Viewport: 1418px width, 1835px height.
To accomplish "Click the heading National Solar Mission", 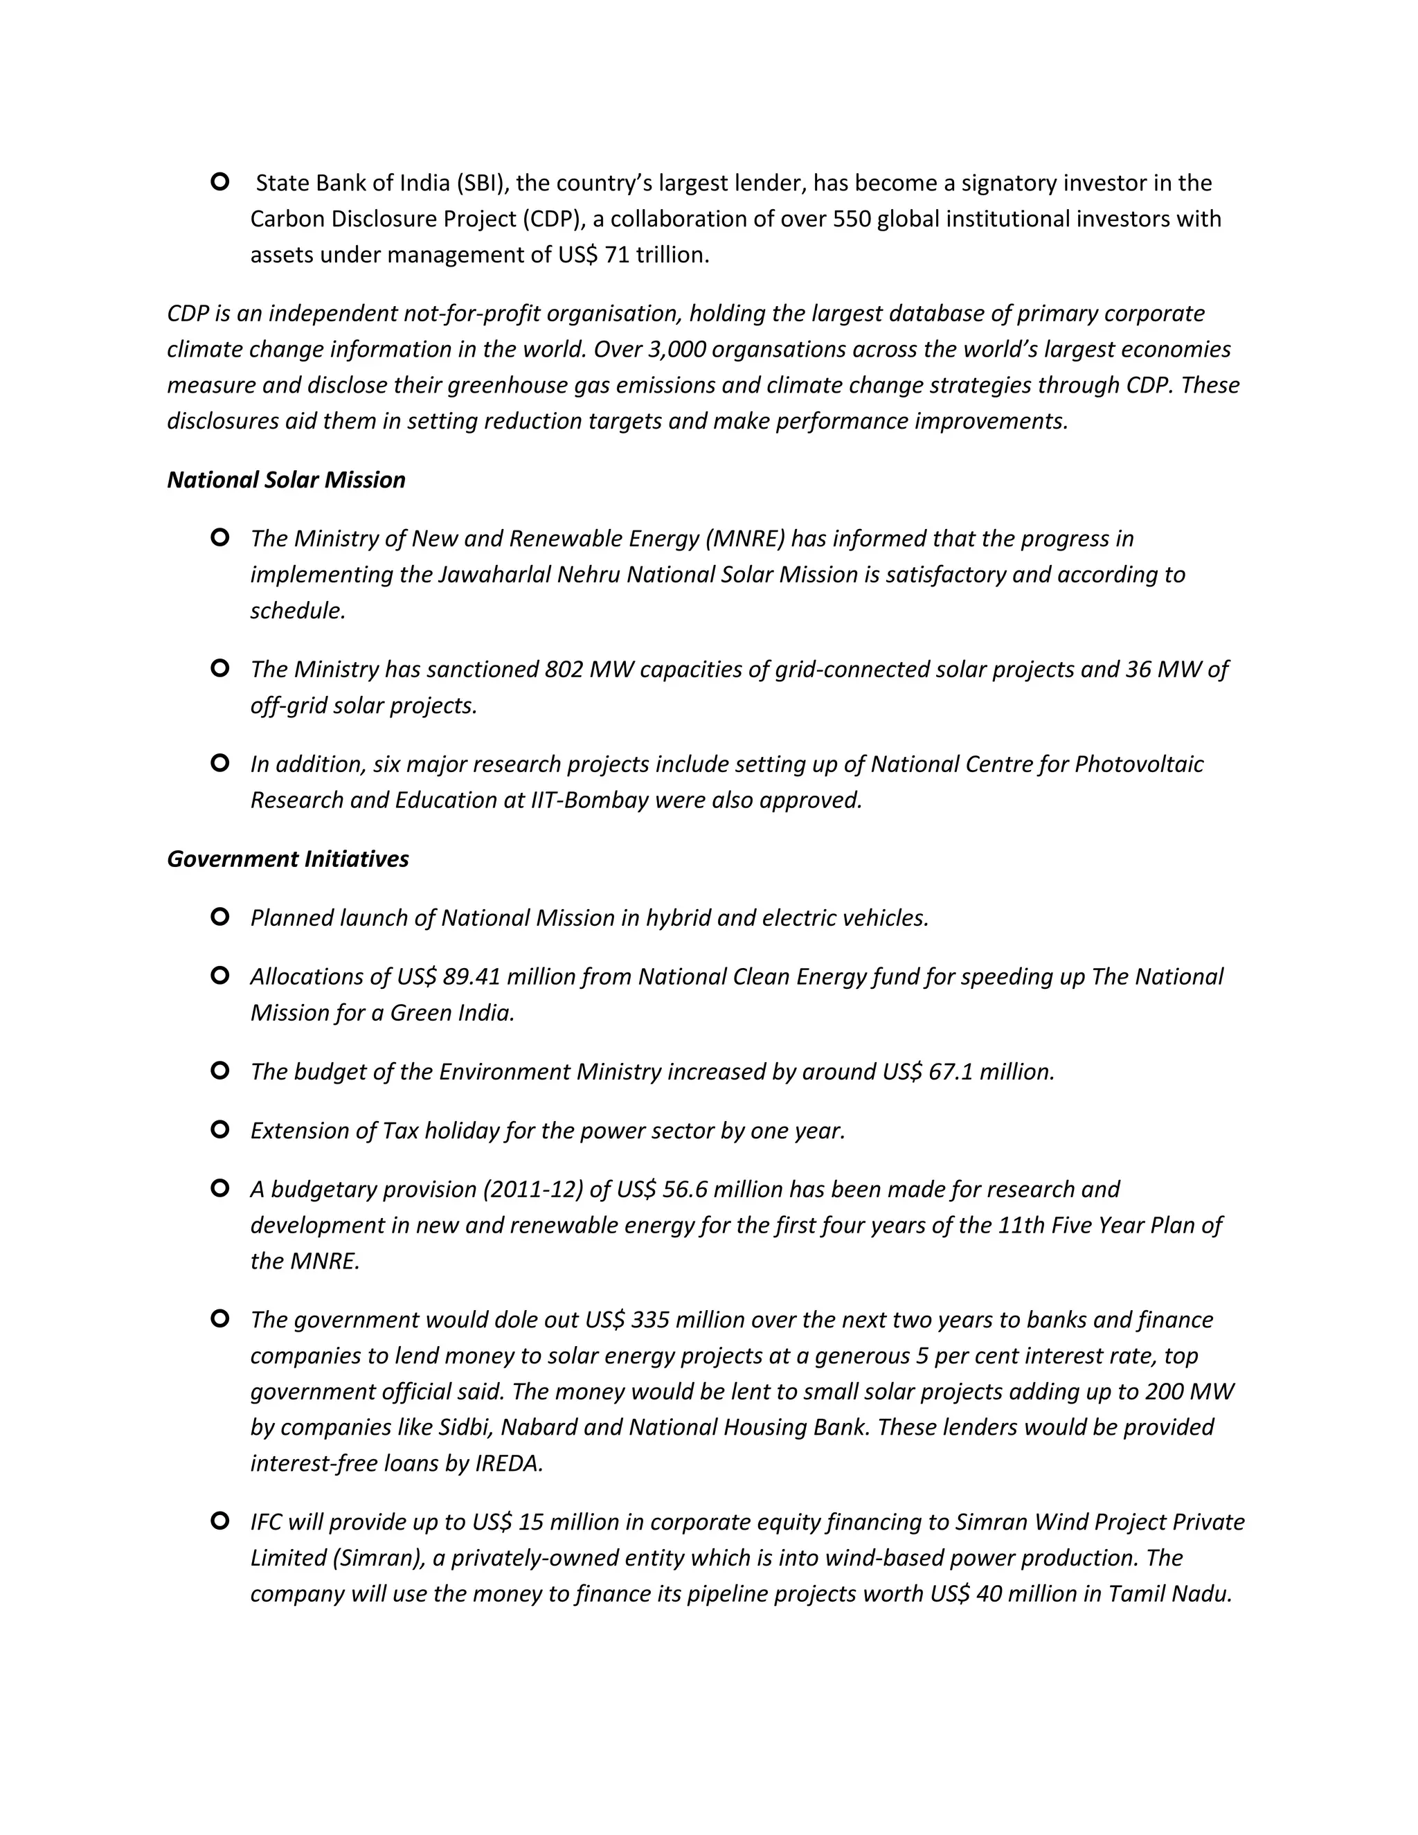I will (286, 480).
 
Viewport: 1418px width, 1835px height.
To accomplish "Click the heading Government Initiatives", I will (287, 859).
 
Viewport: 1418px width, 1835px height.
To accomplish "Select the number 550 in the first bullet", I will (854, 220).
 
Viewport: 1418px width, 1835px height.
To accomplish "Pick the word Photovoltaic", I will (1138, 764).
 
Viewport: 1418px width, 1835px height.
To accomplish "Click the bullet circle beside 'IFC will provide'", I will (220, 1521).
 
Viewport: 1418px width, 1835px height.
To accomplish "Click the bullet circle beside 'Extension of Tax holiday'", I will (220, 1130).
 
